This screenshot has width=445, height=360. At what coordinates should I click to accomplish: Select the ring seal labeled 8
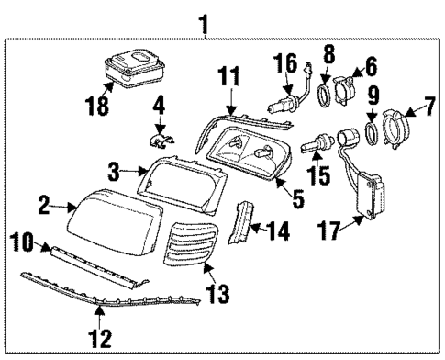tap(325, 96)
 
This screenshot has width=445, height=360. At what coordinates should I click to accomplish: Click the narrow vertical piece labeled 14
tap(245, 225)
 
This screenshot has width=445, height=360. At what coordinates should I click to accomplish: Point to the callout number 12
tap(103, 339)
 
